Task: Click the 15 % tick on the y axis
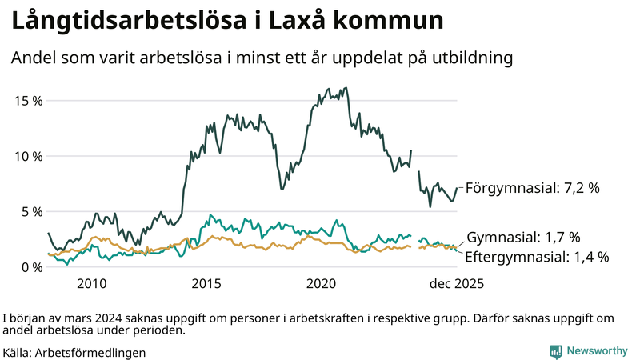26,101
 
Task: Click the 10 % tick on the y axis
26,156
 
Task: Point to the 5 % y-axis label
30,212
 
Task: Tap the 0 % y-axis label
30,267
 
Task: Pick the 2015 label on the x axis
206,283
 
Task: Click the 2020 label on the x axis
322,283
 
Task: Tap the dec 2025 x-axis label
457,283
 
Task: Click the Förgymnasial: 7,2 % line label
533,189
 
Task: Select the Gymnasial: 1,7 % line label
523,238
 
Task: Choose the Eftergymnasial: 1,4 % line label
538,257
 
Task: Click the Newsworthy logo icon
555,351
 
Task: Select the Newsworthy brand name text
596,351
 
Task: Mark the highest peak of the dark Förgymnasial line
345,88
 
